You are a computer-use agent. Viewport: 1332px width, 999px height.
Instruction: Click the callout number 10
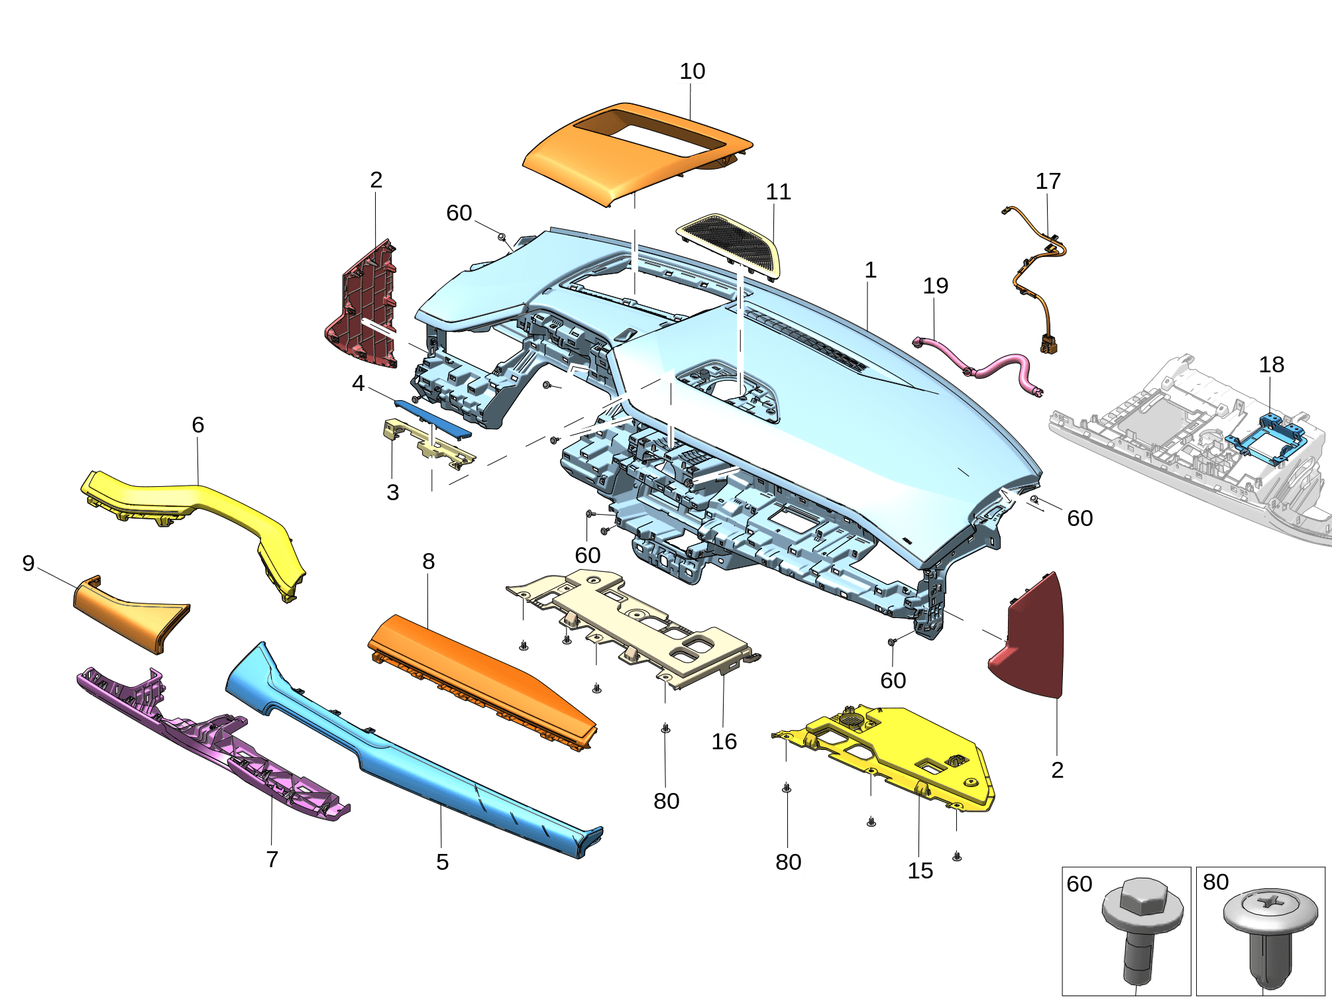[x=692, y=71]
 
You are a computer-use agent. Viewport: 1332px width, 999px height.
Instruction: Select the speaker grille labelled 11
[x=729, y=245]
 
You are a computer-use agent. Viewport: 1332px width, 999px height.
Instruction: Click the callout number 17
[x=1048, y=181]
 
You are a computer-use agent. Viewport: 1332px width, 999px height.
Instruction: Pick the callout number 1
[x=870, y=270]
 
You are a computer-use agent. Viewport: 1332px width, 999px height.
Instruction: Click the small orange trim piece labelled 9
[x=129, y=613]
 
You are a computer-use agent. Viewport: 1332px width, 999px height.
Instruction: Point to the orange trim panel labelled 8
[x=484, y=679]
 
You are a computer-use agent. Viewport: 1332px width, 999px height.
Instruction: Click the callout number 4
[x=358, y=383]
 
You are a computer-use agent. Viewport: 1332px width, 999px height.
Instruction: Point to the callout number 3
[x=392, y=492]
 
